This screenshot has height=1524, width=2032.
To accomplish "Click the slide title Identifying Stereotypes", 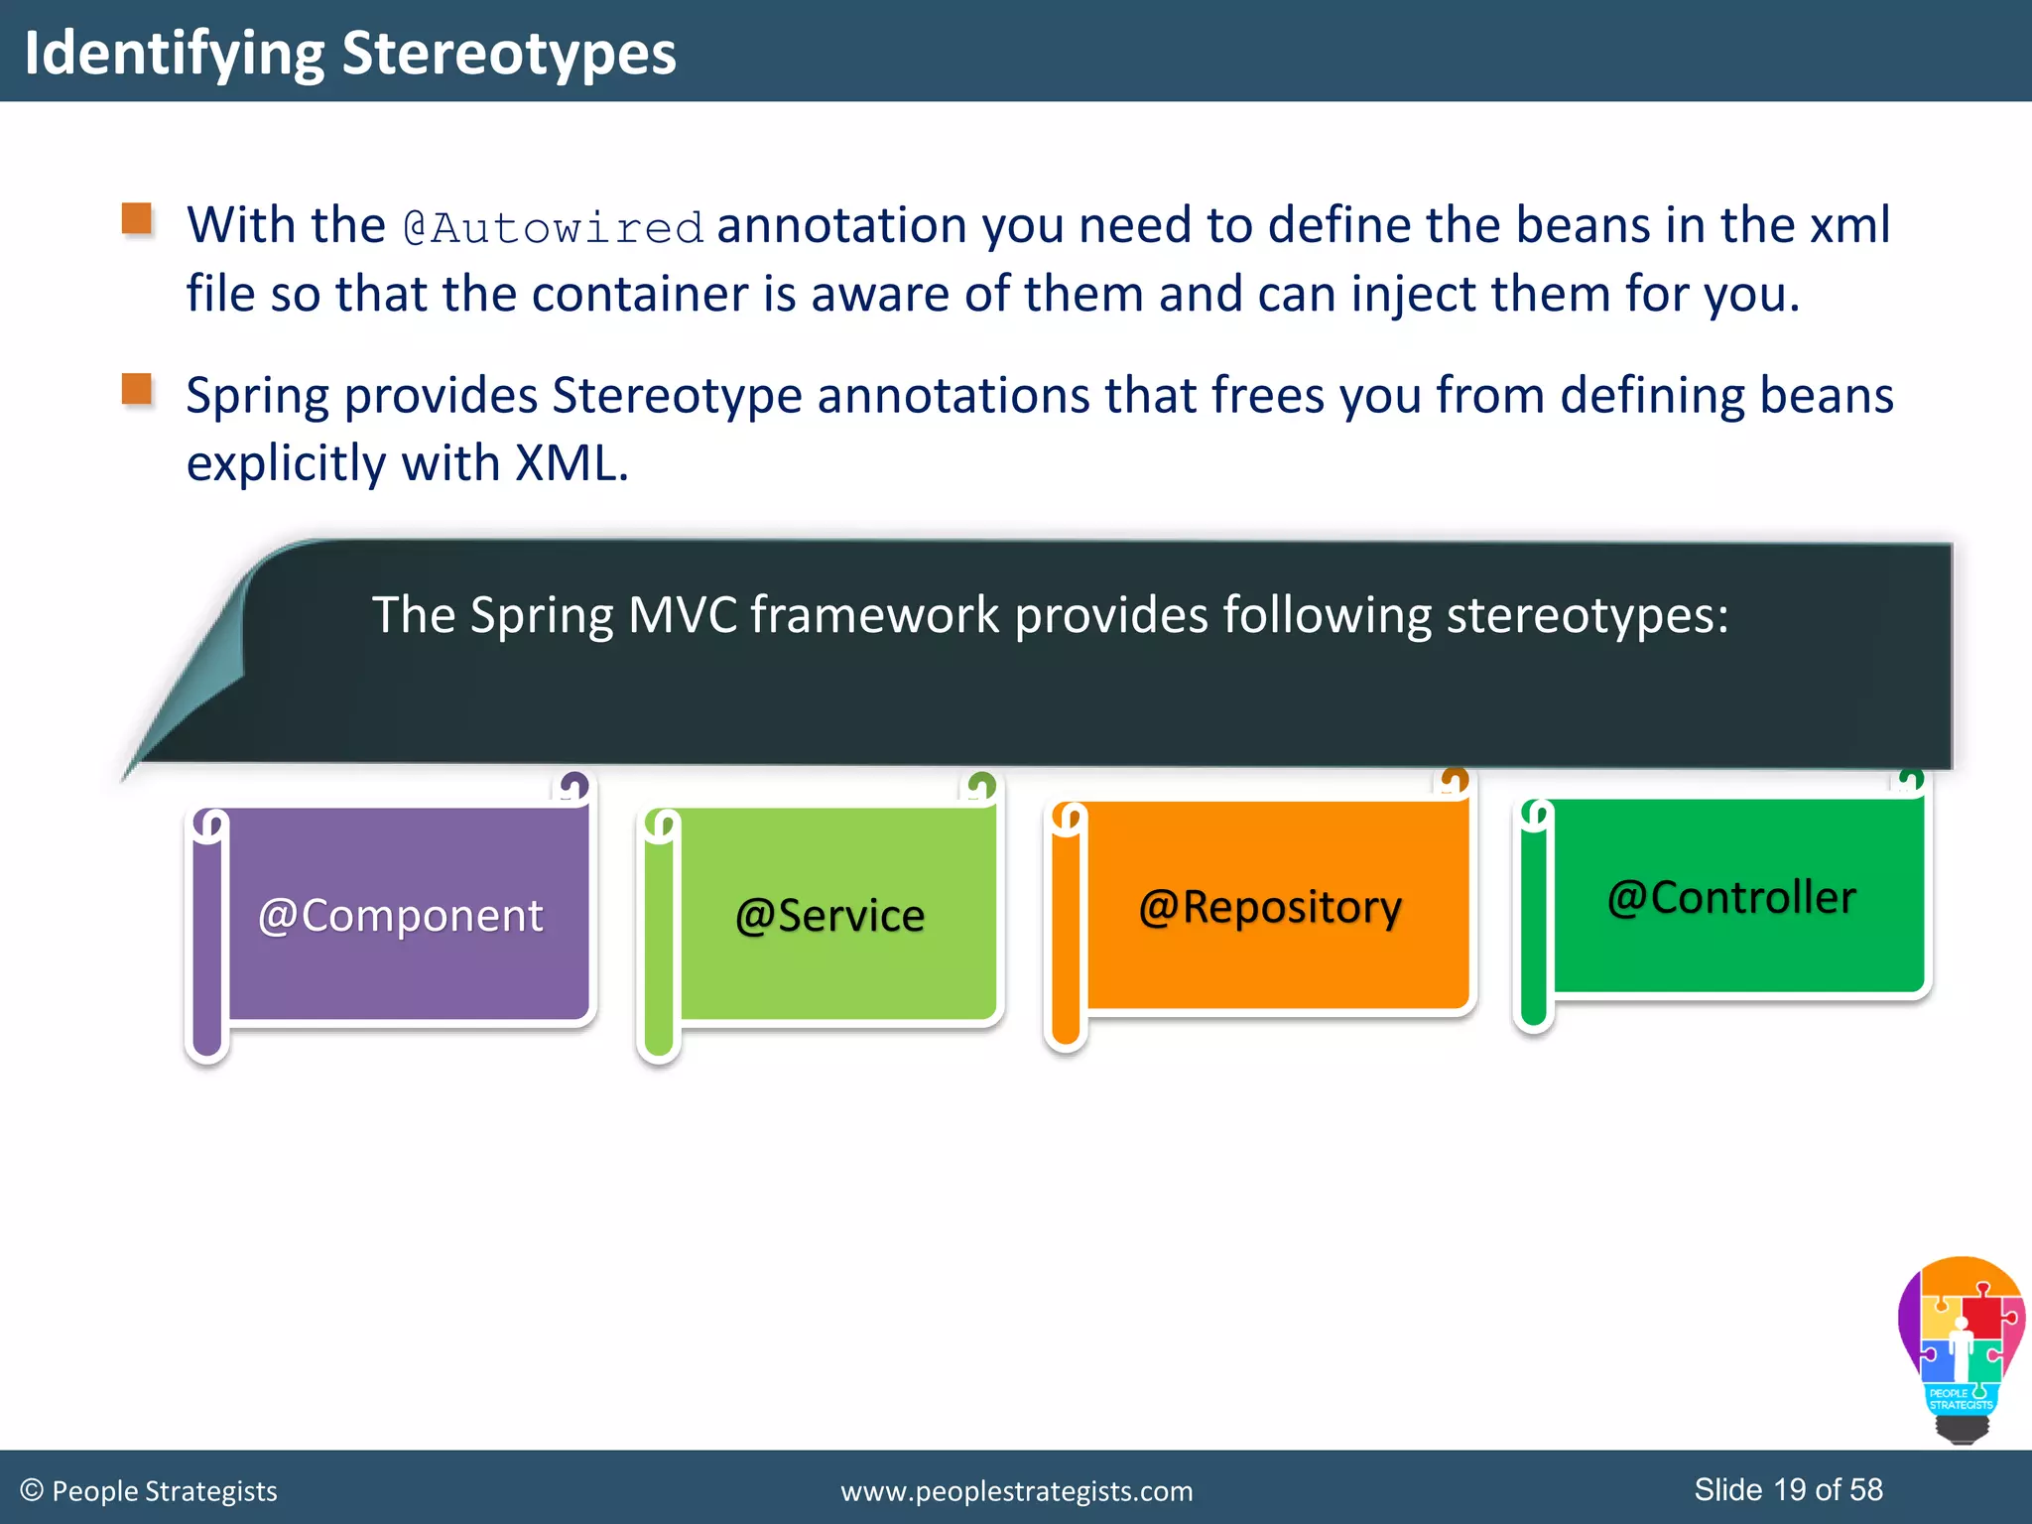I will (349, 53).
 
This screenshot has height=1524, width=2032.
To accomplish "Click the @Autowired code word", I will (553, 227).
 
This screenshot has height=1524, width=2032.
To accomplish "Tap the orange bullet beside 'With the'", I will (137, 218).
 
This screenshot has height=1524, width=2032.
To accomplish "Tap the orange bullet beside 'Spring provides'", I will (137, 389).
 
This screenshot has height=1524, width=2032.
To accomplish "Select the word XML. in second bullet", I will (571, 463).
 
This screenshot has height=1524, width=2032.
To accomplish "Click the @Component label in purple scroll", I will (400, 915).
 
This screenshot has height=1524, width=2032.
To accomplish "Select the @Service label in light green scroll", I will (829, 915).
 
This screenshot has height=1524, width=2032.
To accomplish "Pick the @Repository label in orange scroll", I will (1270, 907).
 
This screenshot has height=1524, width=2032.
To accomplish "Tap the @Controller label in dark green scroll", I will (1731, 897).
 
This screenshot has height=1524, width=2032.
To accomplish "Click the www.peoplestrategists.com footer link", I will (1016, 1491).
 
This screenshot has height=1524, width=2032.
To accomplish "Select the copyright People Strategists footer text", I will (149, 1491).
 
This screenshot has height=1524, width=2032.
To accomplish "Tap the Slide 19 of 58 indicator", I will (1788, 1489).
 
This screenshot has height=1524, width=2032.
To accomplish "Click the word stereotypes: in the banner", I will (1587, 615).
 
